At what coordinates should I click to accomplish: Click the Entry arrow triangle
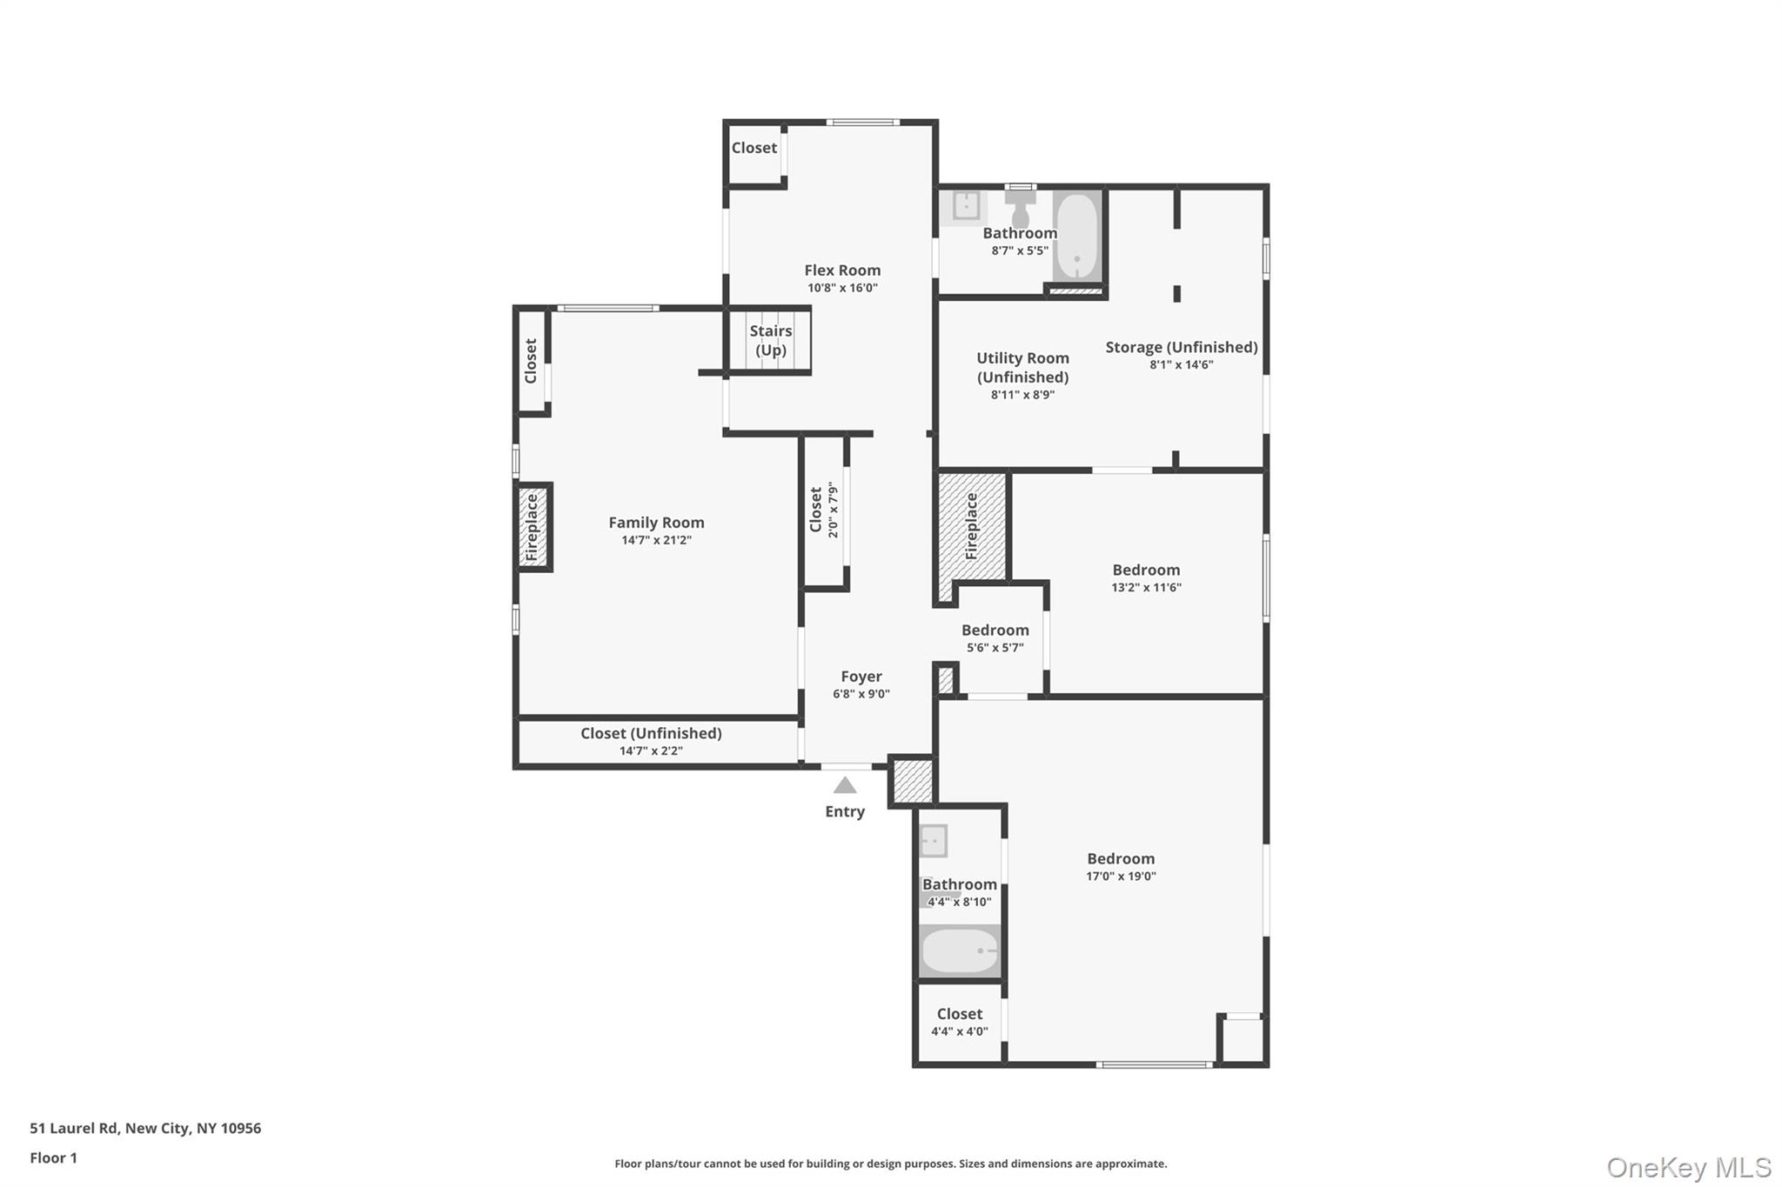pos(844,786)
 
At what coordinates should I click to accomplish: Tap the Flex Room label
pos(841,270)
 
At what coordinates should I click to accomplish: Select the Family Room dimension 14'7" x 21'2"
pos(656,540)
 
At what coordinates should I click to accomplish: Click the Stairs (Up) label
pos(770,340)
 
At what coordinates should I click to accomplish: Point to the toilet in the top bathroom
pos(1020,207)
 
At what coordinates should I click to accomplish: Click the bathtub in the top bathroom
pos(1076,236)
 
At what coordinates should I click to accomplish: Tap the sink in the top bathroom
pos(965,206)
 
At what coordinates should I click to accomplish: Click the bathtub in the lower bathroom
pos(960,950)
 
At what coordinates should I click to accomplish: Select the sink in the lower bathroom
pos(934,841)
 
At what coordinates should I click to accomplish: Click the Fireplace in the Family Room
pos(533,527)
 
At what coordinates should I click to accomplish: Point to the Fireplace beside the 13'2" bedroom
pos(972,526)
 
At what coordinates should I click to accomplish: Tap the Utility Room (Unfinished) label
pos(1022,367)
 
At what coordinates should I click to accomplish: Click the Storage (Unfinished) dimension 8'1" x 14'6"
pos(1181,364)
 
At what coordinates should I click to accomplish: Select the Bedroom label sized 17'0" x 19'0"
pos(1120,858)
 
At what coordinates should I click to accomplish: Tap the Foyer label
pos(861,677)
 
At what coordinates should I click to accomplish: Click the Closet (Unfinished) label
pos(651,733)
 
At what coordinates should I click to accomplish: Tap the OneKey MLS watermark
pos(1688,1167)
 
